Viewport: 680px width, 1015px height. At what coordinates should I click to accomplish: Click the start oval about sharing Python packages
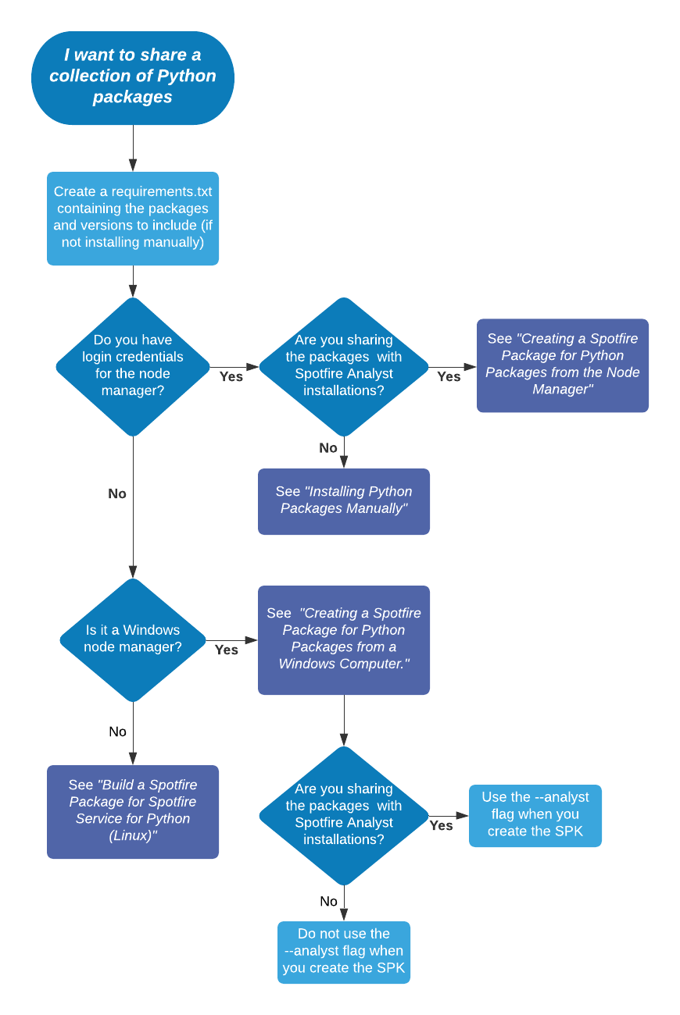point(133,77)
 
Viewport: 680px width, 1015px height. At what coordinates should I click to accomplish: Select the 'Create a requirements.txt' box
point(133,218)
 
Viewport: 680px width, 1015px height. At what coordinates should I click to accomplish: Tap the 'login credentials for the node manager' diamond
point(133,365)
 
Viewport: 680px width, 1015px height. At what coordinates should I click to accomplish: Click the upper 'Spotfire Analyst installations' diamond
point(344,365)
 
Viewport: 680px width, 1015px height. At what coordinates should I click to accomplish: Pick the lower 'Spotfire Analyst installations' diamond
point(344,814)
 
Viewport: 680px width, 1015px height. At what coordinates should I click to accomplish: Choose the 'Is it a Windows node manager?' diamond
point(133,639)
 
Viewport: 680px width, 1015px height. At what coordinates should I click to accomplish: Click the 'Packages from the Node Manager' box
point(562,365)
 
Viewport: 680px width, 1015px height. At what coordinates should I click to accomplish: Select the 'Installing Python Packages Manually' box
point(344,500)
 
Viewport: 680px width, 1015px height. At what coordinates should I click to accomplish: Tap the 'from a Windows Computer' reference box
point(344,639)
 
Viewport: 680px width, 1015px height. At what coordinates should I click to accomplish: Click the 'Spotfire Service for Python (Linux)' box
point(133,811)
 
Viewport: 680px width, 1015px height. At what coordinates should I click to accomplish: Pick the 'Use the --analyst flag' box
point(535,815)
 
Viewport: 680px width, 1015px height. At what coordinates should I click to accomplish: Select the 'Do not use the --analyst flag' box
point(344,952)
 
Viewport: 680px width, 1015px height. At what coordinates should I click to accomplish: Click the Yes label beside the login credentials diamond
point(231,376)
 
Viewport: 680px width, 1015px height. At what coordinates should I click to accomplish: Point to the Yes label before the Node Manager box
point(449,376)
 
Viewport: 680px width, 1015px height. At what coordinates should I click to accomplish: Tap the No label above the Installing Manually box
point(328,448)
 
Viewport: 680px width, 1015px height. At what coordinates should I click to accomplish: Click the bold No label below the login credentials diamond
point(117,493)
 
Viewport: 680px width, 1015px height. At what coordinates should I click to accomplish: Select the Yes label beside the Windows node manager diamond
point(227,650)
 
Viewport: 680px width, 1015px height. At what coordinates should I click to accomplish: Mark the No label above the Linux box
point(117,732)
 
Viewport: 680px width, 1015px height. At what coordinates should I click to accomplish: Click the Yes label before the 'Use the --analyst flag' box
point(442,825)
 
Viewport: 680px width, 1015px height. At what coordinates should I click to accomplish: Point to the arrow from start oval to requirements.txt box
point(133,148)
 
